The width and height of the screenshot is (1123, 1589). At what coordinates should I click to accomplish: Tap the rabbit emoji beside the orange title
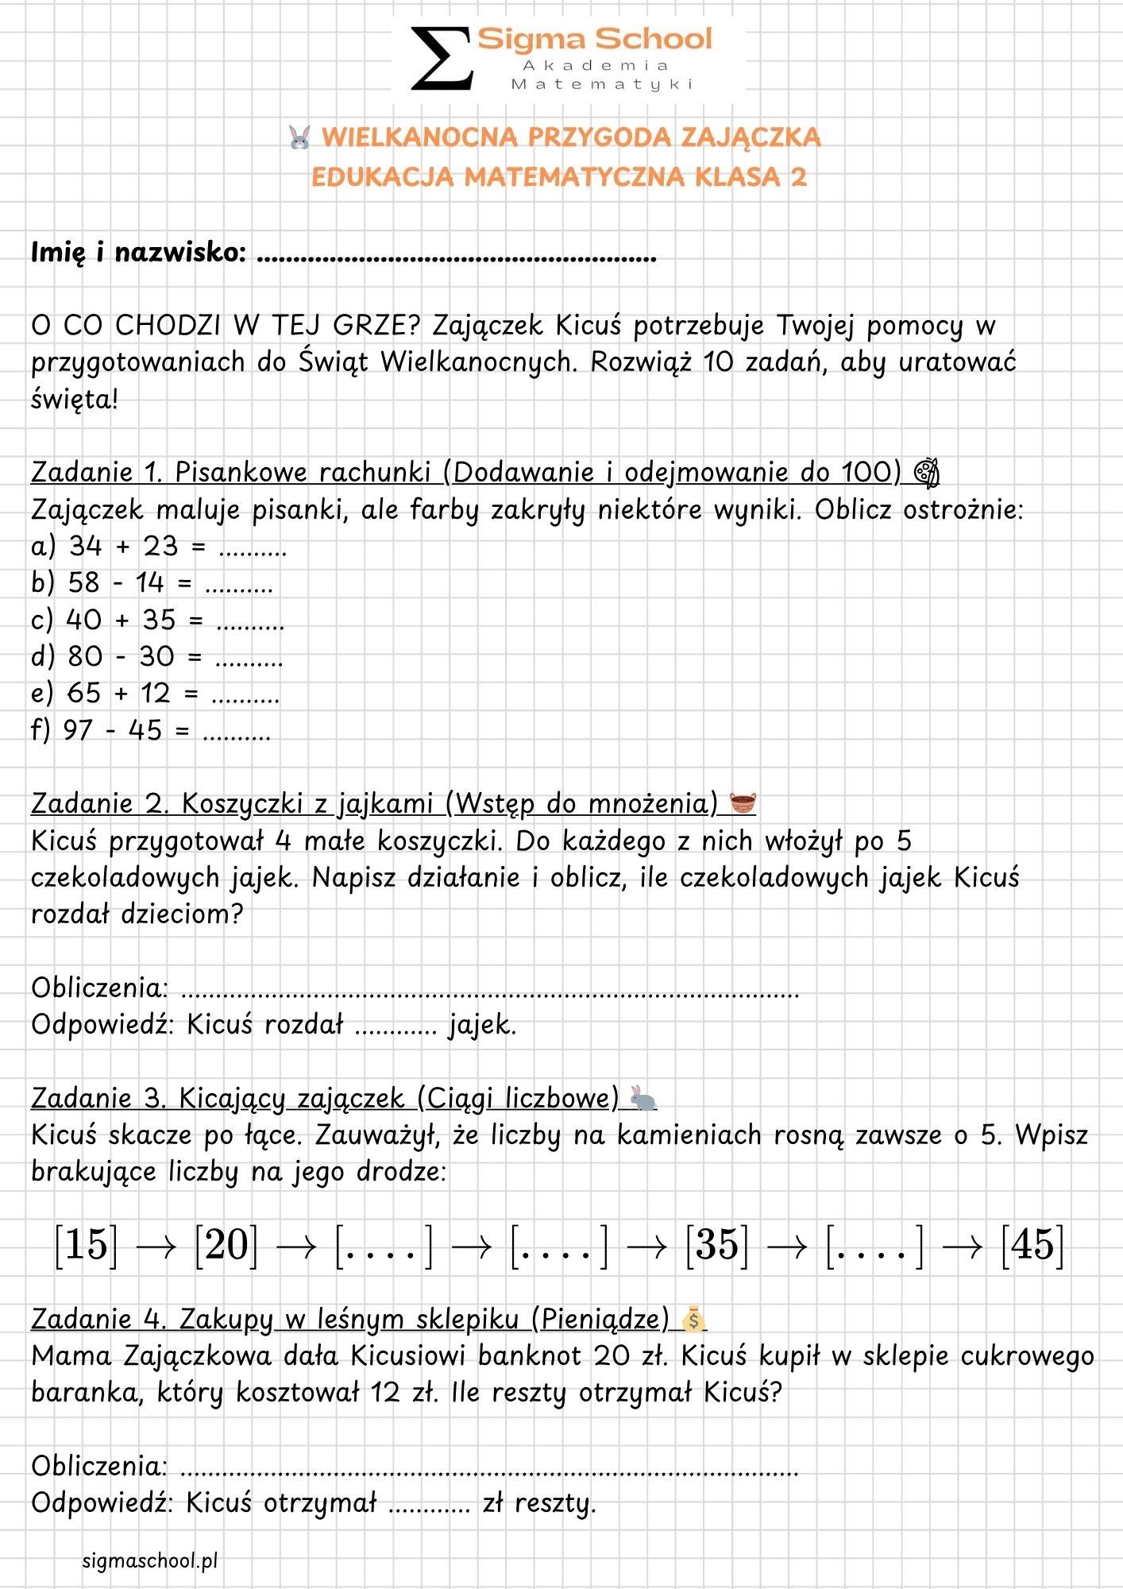(299, 137)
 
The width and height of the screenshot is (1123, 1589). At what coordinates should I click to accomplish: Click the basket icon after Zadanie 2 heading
(743, 803)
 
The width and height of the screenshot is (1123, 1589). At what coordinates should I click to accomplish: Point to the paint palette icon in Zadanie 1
(926, 473)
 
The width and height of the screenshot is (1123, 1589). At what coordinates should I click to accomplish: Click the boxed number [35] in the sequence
(717, 1245)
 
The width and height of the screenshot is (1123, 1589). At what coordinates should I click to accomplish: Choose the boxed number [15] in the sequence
(86, 1245)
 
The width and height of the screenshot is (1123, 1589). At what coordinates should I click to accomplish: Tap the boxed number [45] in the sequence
(1032, 1245)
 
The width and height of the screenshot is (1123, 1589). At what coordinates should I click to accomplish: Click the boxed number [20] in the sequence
(226, 1245)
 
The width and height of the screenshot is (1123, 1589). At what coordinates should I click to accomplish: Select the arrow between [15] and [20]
(156, 1247)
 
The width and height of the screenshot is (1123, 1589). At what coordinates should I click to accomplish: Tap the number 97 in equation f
(78, 730)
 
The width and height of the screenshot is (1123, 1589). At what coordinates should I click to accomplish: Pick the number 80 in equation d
(85, 656)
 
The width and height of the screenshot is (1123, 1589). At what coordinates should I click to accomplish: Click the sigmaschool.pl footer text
(150, 1560)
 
